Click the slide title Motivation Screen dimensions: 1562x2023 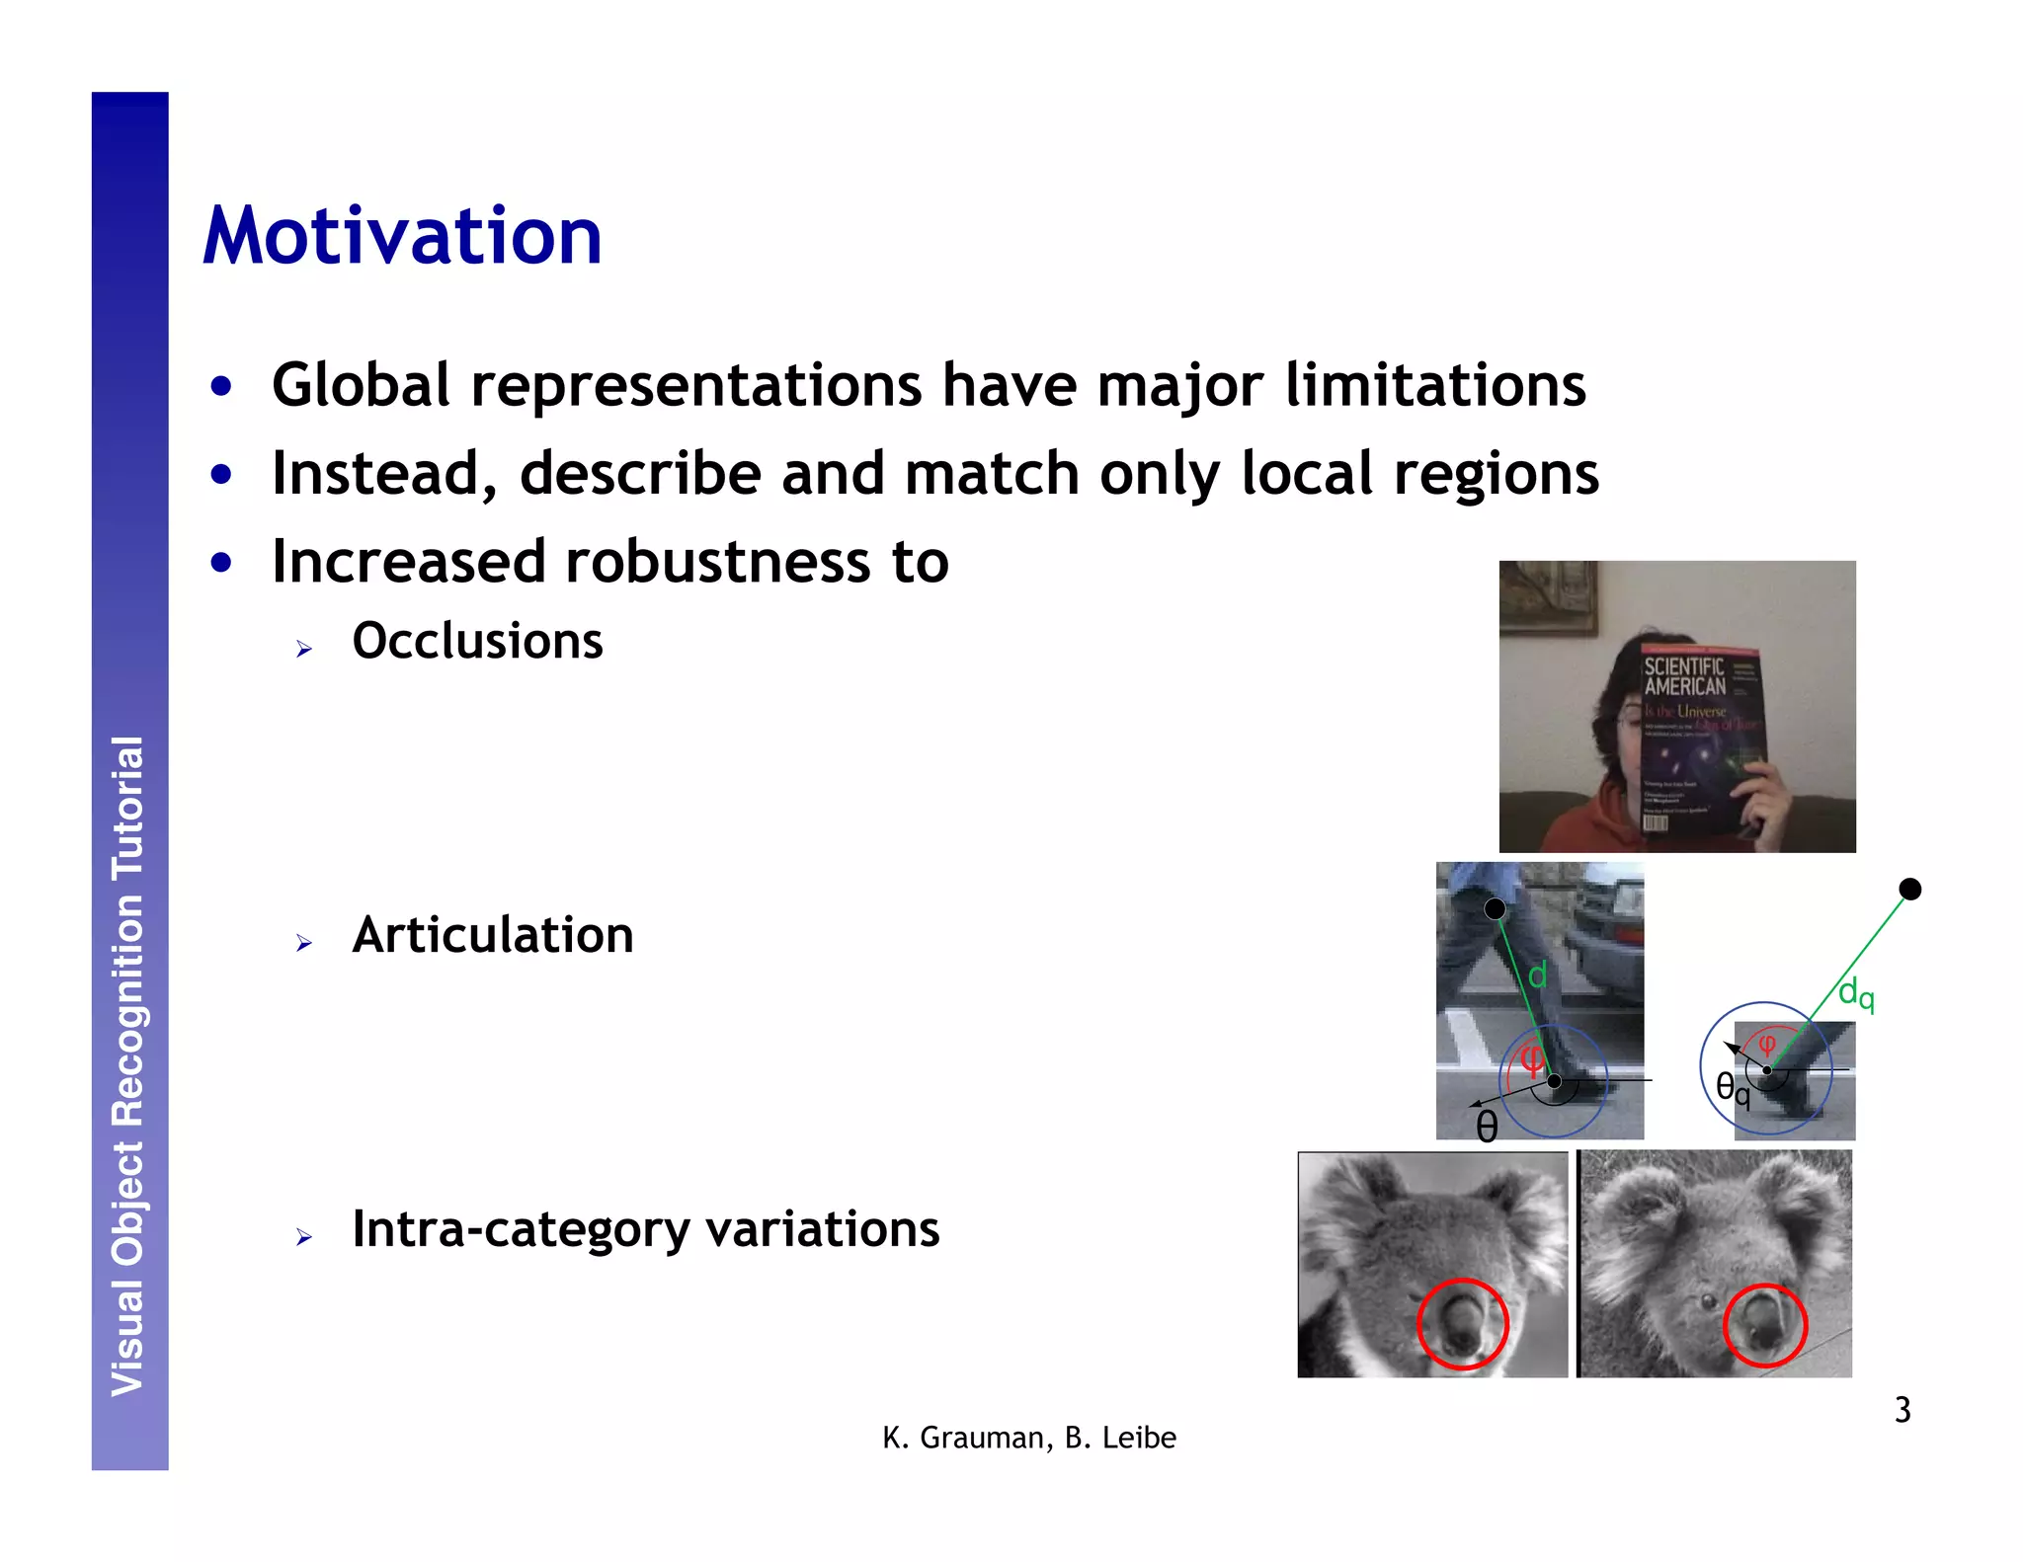(402, 237)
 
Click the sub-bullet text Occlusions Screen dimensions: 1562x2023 (477, 641)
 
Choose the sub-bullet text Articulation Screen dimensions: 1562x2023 (493, 934)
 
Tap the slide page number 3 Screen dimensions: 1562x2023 (1902, 1410)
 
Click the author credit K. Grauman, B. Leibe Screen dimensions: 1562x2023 (1029, 1438)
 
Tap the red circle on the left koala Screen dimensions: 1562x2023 (1462, 1324)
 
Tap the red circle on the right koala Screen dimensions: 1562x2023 (1765, 1325)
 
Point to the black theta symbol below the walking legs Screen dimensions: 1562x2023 (1487, 1126)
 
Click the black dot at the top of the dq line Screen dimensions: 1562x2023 (1910, 890)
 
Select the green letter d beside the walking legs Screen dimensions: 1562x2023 (1538, 976)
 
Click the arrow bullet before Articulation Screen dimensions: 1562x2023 (303, 943)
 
